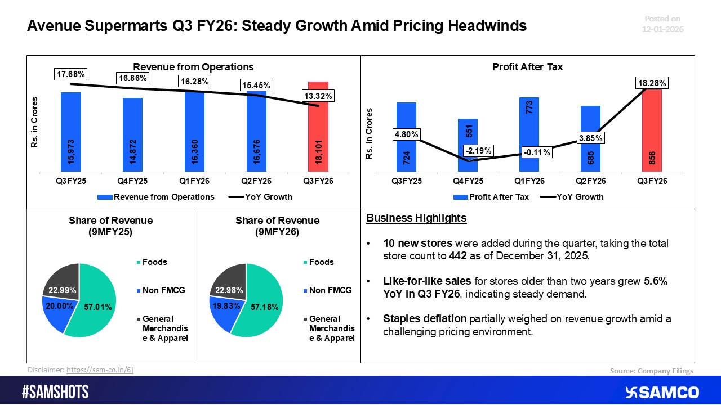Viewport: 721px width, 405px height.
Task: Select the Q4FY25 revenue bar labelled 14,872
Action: point(133,135)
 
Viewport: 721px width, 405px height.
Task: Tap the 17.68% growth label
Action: point(70,74)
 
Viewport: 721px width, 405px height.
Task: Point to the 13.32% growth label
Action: point(318,96)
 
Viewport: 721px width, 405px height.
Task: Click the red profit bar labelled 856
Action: point(651,130)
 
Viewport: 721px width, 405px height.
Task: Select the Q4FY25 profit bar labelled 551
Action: point(468,145)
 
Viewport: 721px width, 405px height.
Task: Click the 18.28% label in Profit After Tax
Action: point(652,83)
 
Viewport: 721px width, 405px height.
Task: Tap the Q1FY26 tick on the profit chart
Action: point(529,181)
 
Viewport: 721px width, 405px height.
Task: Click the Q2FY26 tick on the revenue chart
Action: point(256,181)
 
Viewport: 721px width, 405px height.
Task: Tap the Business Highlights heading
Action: point(416,218)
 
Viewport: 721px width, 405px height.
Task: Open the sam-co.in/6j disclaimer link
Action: point(100,370)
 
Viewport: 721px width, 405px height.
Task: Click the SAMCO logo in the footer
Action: point(661,392)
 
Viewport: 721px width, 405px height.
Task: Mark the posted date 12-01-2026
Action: point(664,29)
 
